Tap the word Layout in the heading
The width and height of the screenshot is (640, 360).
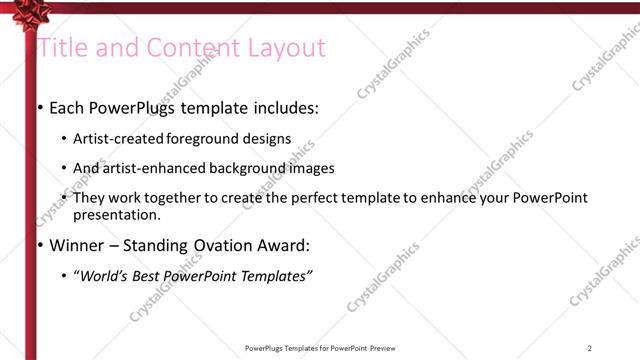[291, 48]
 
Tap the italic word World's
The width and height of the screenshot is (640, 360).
[104, 275]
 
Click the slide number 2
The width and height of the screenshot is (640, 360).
[590, 347]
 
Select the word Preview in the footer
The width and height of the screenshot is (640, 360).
[384, 347]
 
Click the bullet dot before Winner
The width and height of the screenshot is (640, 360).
[39, 245]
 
